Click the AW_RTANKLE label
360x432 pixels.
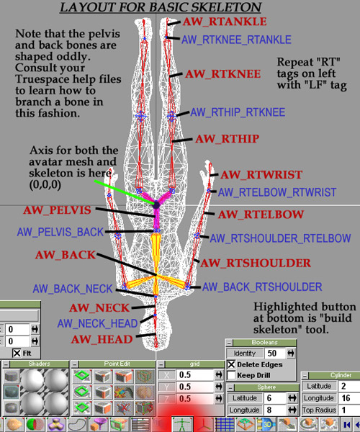[x=225, y=22]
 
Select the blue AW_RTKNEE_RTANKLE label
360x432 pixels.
[x=236, y=40]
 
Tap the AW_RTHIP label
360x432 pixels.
[x=227, y=139]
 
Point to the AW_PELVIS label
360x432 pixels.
[x=57, y=210]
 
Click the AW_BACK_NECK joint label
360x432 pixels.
[x=73, y=289]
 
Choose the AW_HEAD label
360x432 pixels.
[x=102, y=339]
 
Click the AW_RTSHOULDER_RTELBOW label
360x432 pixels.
[x=280, y=238]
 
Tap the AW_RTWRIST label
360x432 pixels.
[x=261, y=175]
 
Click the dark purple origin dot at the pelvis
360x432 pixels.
[x=156, y=205]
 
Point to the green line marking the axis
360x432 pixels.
[x=124, y=192]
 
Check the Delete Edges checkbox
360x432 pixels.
[x=231, y=365]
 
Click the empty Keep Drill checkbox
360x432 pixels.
[x=231, y=375]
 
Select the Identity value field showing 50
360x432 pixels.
[x=274, y=354]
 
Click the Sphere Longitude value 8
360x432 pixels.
[x=274, y=410]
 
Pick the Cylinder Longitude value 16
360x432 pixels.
[x=348, y=398]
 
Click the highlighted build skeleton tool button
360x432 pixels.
[x=183, y=424]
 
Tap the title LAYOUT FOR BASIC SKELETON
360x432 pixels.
[x=161, y=7]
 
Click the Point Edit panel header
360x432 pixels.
[x=117, y=364]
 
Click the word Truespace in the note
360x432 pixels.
[x=37, y=79]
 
